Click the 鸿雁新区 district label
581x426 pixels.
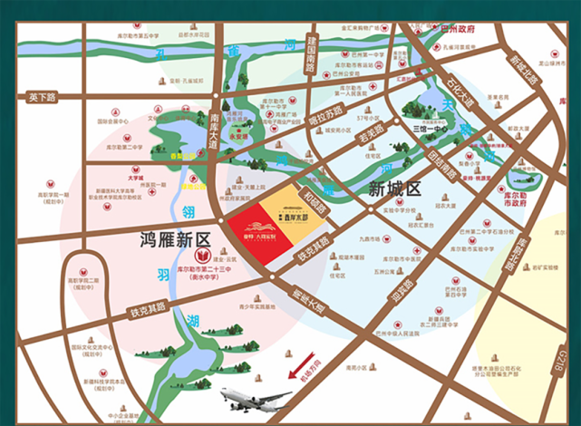tap(175, 240)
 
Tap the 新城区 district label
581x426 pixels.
tap(396, 189)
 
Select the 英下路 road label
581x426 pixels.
tap(42, 96)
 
